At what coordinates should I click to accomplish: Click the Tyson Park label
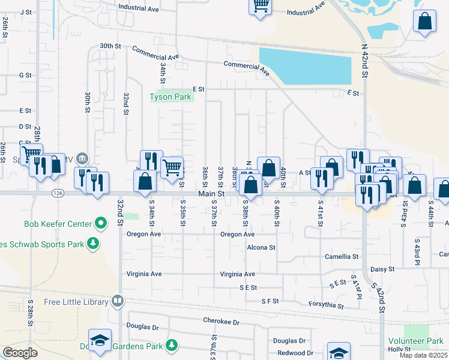[170, 97]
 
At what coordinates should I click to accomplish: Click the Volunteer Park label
[423, 341]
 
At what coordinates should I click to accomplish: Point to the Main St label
[212, 194]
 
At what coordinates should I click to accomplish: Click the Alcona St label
[261, 247]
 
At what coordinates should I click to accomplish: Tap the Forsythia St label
[327, 305]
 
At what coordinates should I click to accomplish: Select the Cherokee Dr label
[221, 322]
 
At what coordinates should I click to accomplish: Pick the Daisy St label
[382, 270]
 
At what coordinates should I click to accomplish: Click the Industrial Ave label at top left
[139, 8]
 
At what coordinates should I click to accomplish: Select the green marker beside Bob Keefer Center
[101, 224]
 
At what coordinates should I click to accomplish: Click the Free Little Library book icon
[118, 301]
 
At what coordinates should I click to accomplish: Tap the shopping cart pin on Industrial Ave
[261, 7]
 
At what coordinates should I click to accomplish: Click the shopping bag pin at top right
[424, 23]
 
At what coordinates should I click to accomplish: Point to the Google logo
[20, 353]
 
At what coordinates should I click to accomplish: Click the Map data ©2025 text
[424, 356]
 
